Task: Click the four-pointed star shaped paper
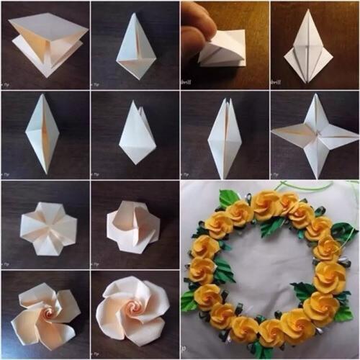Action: [314, 135]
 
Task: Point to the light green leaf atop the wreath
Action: [230, 197]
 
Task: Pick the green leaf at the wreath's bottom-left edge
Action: [189, 300]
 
